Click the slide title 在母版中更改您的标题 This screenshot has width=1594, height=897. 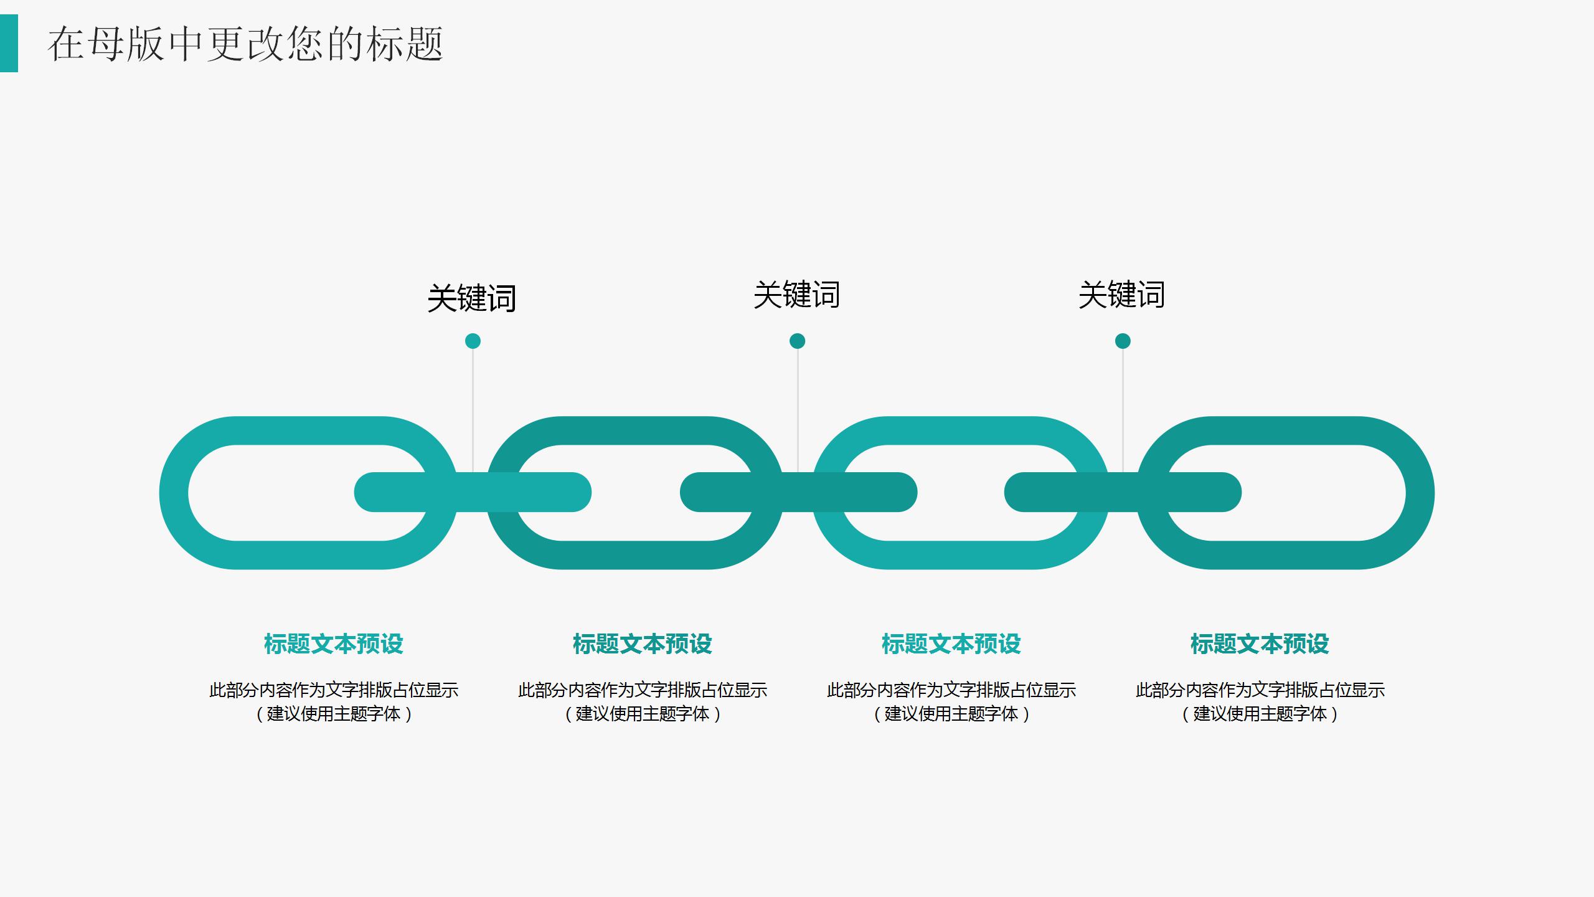coord(245,44)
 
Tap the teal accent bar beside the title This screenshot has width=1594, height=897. coord(9,44)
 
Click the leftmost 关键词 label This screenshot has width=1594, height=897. coord(472,298)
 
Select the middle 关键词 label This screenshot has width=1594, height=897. coord(796,295)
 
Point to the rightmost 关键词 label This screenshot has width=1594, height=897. coord(1121,295)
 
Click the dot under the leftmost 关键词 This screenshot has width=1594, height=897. coord(473,341)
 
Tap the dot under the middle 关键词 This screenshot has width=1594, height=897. coord(797,341)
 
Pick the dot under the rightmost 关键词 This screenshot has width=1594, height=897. coord(1123,341)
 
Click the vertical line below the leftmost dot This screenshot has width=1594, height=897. coord(473,405)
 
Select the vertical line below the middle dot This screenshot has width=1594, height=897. coord(798,405)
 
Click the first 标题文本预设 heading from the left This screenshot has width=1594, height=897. coord(334,644)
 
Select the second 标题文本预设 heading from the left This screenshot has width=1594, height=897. coord(642,644)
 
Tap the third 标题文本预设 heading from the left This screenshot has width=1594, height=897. coord(951,644)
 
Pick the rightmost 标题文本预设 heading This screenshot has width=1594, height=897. coord(1260,644)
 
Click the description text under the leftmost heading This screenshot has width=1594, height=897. coord(334,701)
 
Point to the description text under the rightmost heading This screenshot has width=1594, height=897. coord(1260,701)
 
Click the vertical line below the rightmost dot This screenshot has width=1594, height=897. coord(1123,405)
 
